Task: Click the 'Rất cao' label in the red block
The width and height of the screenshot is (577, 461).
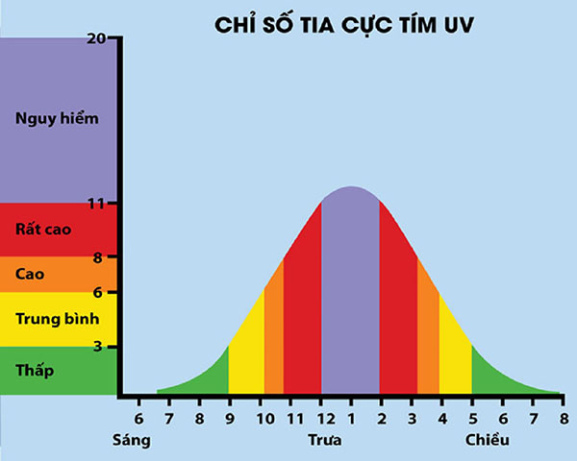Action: tap(38, 230)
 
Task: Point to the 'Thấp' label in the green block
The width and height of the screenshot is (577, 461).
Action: tap(35, 370)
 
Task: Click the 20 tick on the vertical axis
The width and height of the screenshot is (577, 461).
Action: tap(108, 37)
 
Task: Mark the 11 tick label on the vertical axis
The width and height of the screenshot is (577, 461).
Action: tap(108, 204)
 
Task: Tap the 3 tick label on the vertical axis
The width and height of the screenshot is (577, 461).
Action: tap(111, 346)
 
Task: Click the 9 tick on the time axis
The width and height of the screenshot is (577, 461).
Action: tap(229, 418)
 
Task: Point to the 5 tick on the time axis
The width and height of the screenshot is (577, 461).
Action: tap(472, 418)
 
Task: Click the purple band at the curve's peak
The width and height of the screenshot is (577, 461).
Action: tap(350, 288)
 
